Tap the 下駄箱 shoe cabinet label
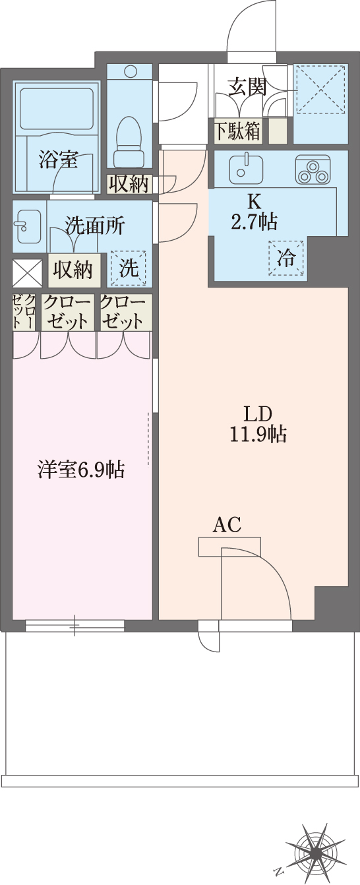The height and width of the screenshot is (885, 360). tap(236, 131)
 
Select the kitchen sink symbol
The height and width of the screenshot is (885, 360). tap(245, 168)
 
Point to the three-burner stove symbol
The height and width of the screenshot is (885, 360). tap(312, 169)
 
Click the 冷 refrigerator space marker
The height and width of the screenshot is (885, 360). tap(287, 257)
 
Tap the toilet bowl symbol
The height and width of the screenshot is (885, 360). tap(129, 135)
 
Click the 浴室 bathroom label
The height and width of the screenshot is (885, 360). tap(57, 159)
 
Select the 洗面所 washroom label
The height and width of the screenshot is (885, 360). tap(95, 226)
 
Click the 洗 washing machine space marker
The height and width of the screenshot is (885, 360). tap(129, 268)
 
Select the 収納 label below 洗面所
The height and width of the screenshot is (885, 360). tap(73, 269)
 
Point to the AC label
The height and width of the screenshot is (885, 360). tap(226, 525)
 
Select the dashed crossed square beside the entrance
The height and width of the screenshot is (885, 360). tap(320, 90)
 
